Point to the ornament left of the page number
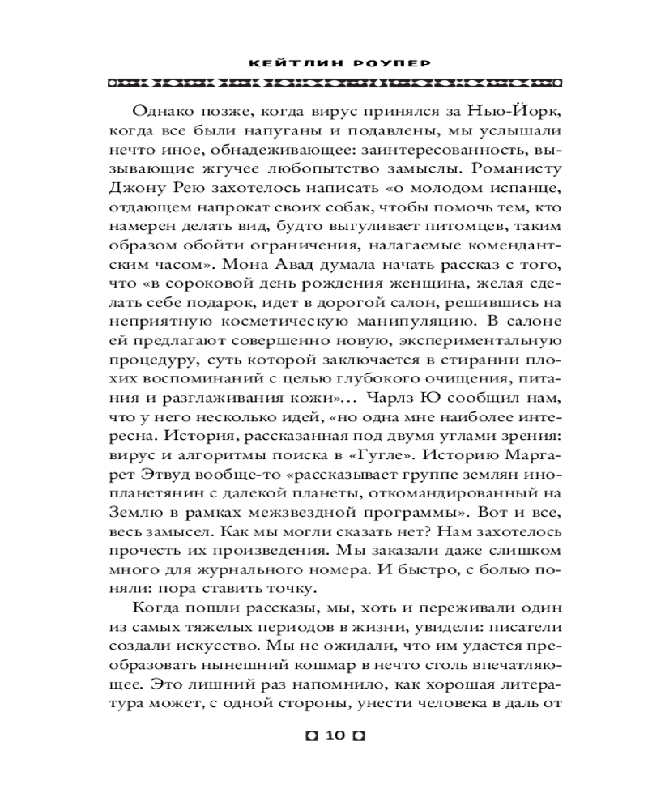[310, 736]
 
